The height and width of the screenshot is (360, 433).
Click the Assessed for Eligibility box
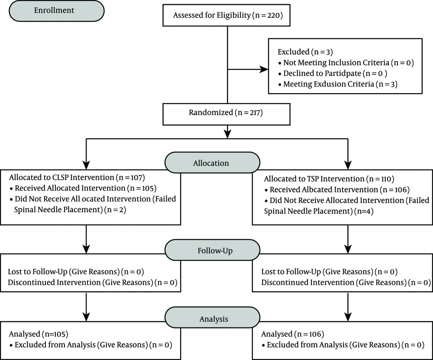226,15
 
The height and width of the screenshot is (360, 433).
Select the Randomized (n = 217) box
226,114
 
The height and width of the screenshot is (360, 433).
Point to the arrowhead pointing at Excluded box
264,69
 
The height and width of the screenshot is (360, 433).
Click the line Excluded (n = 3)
305,52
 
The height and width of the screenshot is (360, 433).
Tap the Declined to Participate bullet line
333,74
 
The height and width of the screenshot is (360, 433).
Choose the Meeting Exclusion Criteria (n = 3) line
338,84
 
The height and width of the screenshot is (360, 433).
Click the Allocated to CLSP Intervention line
77,177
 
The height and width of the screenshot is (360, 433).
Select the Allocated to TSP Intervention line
329,179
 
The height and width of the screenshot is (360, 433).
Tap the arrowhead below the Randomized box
227,134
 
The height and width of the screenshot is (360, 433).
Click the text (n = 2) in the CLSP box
116,210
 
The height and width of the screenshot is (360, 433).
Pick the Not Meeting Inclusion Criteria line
346,63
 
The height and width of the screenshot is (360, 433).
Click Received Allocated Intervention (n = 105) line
83,188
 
